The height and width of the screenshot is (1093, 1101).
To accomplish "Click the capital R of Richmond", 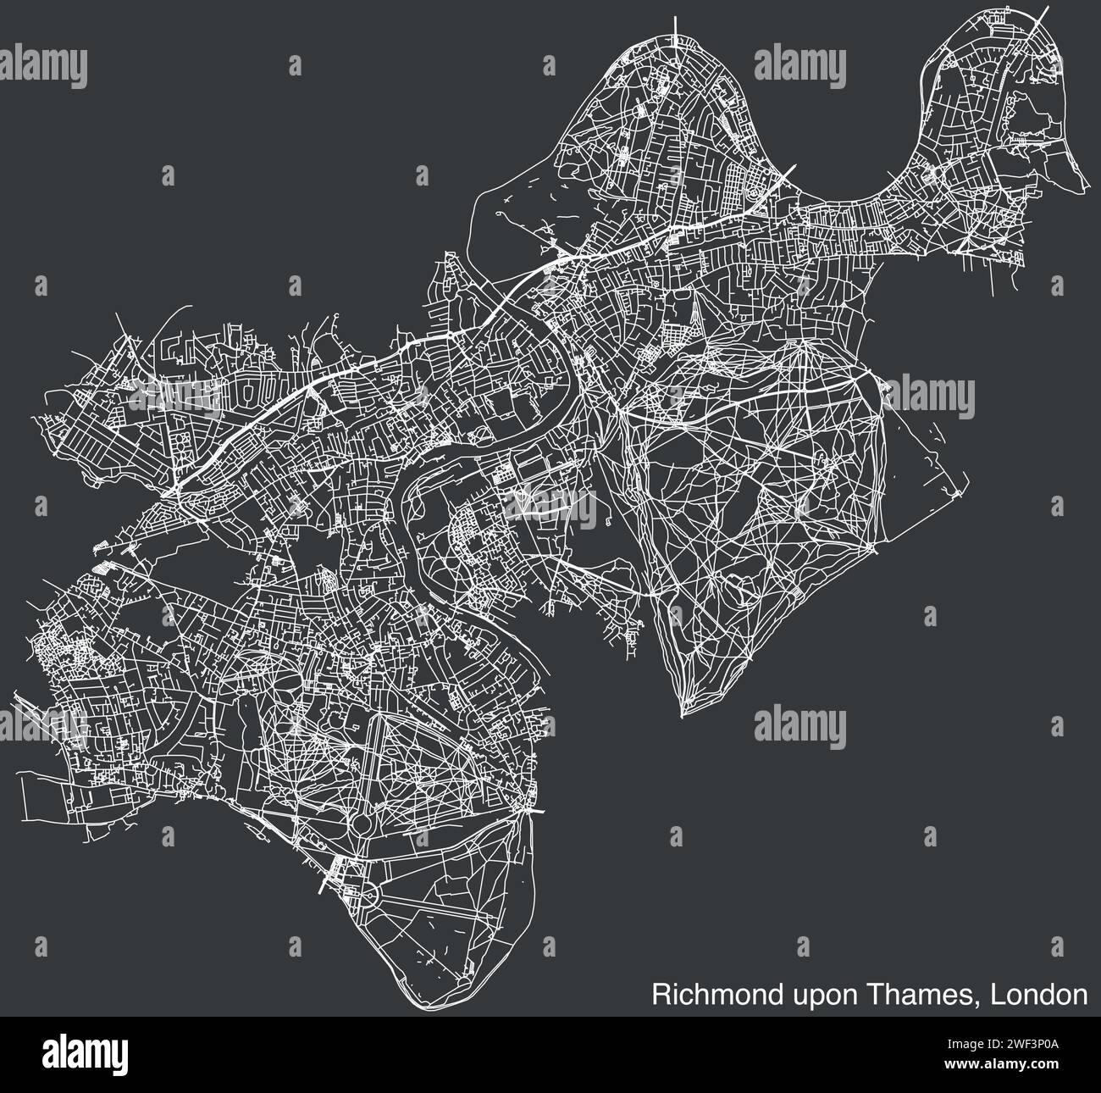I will (659, 994).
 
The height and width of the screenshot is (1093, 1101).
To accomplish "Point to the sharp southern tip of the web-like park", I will (683, 716).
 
